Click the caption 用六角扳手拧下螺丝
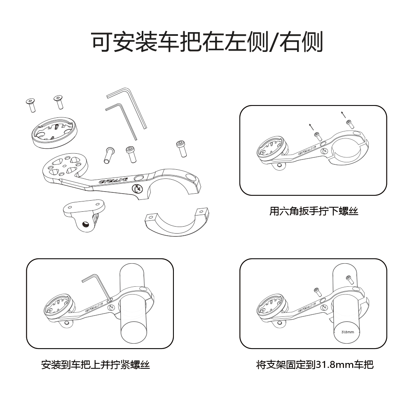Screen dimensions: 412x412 (x=314, y=211)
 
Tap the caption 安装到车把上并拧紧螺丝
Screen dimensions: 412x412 (x=96, y=365)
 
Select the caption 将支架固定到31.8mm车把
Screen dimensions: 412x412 (x=315, y=365)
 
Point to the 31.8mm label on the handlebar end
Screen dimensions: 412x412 (x=347, y=331)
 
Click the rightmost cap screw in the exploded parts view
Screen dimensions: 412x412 (x=181, y=148)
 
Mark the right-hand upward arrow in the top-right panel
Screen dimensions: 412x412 (x=342, y=115)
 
